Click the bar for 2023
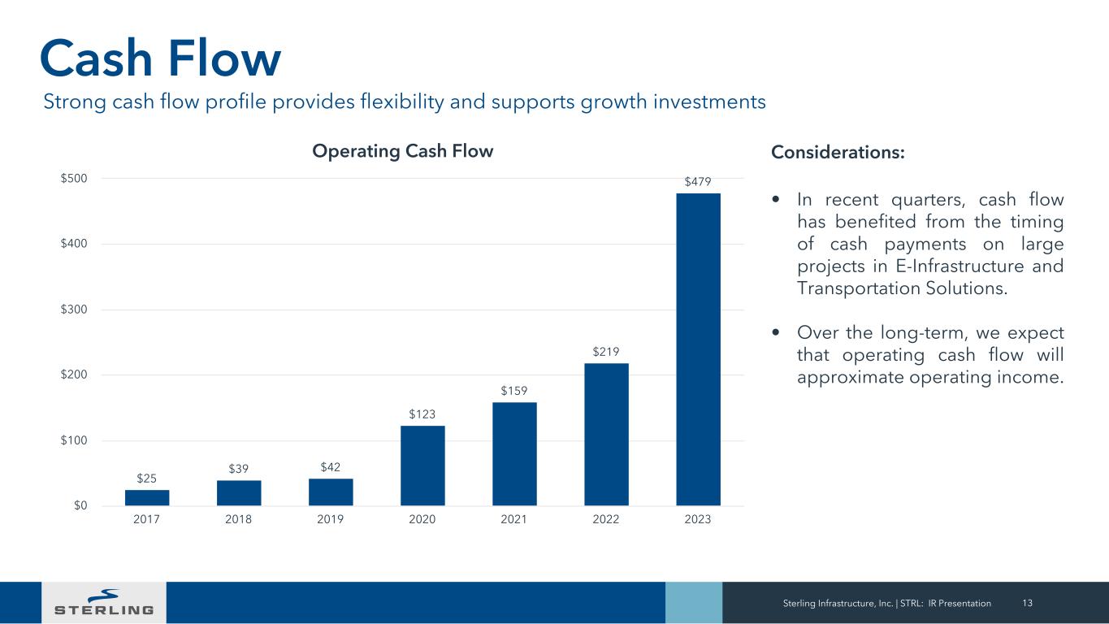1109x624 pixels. pyautogui.click(x=698, y=349)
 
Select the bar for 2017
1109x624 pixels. pyautogui.click(x=147, y=497)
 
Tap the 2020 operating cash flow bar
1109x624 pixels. pyautogui.click(x=422, y=466)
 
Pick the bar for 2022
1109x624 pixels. pyautogui.click(x=606, y=435)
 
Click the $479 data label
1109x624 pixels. pyautogui.click(x=698, y=183)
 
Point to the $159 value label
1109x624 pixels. pyautogui.click(x=514, y=392)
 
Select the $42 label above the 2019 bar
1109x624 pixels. pyautogui.click(x=331, y=467)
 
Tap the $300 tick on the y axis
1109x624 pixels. pyautogui.click(x=76, y=310)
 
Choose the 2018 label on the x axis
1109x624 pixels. pyautogui.click(x=238, y=520)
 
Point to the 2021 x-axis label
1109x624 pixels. pyautogui.click(x=514, y=520)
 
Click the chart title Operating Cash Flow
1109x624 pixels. pyautogui.click(x=404, y=152)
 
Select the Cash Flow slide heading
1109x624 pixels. pyautogui.click(x=161, y=58)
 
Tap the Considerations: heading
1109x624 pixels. pyautogui.click(x=837, y=153)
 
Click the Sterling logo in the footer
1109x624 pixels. pyautogui.click(x=104, y=602)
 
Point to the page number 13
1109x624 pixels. pyautogui.click(x=1027, y=603)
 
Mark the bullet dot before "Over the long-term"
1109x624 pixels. pyautogui.click(x=778, y=333)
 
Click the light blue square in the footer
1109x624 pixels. pyautogui.click(x=693, y=602)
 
